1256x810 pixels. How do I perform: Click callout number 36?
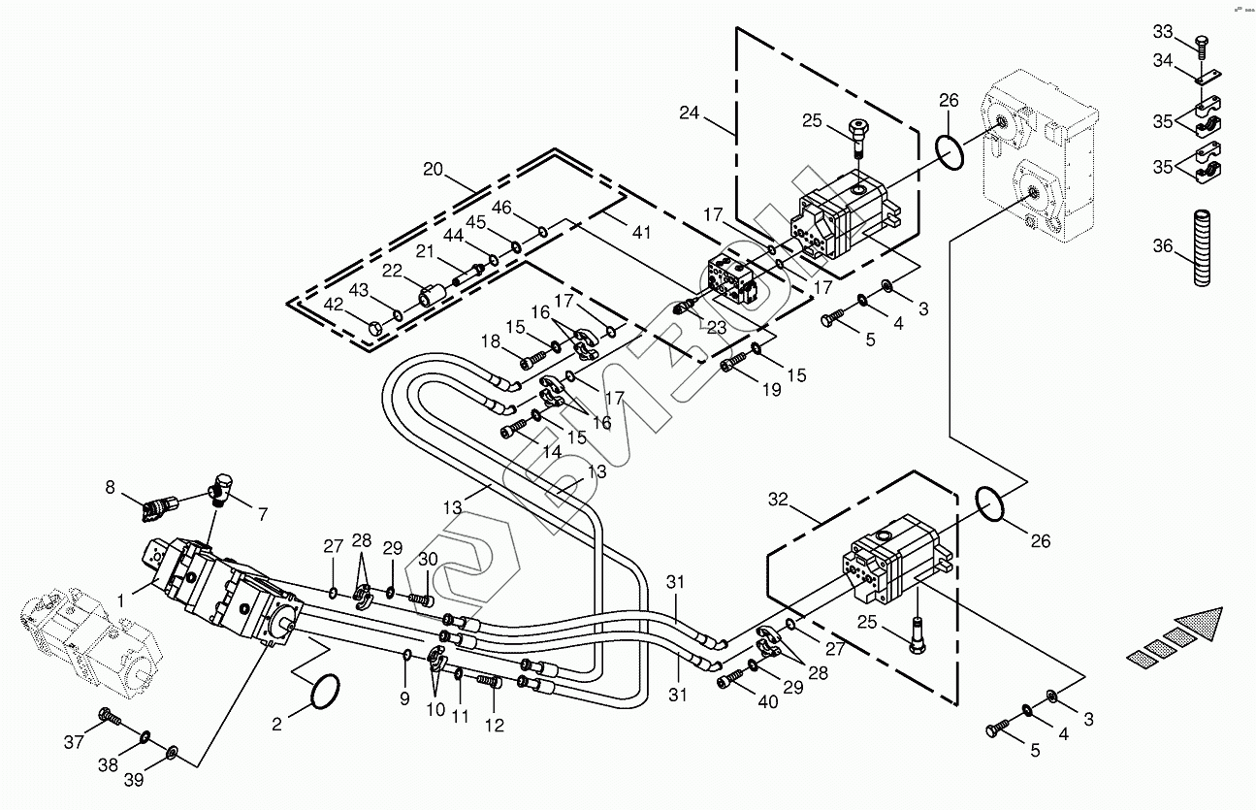[x=1163, y=246]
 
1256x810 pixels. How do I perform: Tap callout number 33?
[x=1163, y=31]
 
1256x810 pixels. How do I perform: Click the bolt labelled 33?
[x=1203, y=45]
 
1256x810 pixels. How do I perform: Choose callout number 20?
[x=433, y=170]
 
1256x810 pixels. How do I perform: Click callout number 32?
[x=778, y=501]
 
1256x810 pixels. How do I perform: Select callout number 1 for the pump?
[x=121, y=601]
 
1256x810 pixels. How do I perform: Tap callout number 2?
[x=276, y=723]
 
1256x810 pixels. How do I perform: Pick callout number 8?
[x=110, y=487]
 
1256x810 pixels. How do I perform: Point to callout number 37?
[x=75, y=742]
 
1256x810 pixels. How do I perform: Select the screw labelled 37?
[x=109, y=720]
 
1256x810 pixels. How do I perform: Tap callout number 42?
[x=334, y=304]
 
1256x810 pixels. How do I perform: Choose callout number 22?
[x=391, y=270]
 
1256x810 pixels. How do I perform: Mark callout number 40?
[x=769, y=703]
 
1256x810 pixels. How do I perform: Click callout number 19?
[x=770, y=390]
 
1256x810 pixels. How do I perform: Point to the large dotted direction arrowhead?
[x=1194, y=626]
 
